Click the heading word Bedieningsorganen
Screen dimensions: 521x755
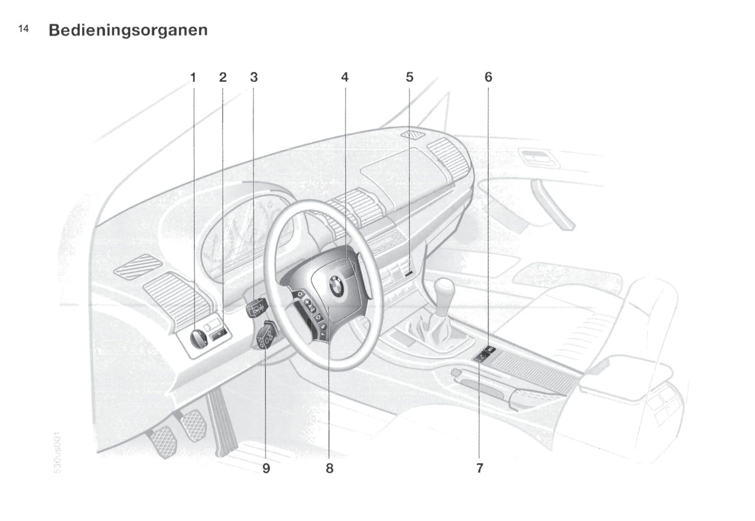[128, 30]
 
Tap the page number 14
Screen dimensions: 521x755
[24, 29]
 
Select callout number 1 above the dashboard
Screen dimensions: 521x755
[193, 78]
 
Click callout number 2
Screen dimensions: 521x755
[223, 78]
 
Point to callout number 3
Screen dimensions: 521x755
[254, 78]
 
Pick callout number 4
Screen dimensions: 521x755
[345, 78]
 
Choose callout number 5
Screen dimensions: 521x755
[410, 78]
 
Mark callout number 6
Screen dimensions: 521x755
[488, 78]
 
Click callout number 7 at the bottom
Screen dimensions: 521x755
[480, 468]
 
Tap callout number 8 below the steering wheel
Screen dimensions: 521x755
[330, 468]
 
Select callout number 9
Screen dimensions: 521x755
[266, 468]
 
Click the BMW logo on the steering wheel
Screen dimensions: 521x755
[335, 287]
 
